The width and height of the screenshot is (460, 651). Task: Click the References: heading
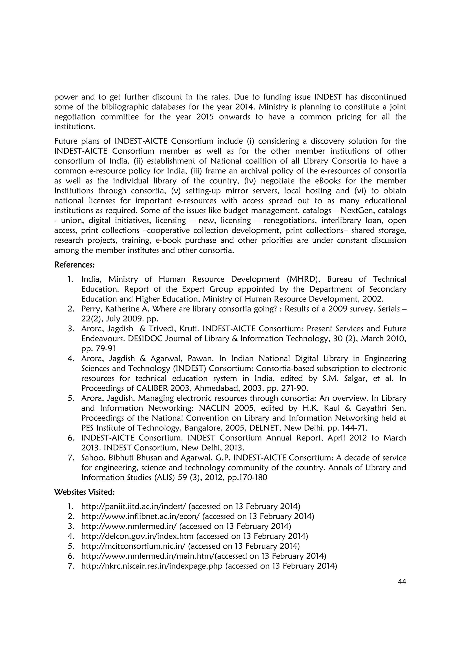[74, 265]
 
